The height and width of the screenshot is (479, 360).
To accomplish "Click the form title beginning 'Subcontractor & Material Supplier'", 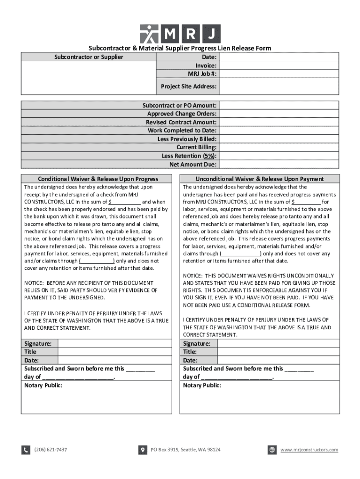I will (180, 48).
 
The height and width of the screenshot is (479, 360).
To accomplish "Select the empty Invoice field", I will (279, 65).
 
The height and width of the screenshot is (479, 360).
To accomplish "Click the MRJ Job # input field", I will (279, 74).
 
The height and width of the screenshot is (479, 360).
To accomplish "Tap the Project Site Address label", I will (188, 87).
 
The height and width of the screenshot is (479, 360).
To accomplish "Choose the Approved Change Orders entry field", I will (279, 114).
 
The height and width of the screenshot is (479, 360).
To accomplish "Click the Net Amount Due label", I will (193, 164).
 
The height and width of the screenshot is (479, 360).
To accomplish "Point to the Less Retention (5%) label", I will (189, 156).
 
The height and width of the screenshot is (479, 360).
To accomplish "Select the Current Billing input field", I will (279, 147).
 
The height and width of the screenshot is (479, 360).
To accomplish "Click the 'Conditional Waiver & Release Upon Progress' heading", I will (98, 179).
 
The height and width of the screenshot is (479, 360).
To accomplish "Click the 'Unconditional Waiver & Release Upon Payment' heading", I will (259, 179).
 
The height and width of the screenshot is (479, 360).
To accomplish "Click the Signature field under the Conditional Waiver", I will (117, 343).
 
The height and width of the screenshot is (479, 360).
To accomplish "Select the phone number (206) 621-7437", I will (50, 450).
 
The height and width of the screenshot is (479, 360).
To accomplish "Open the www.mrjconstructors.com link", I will (309, 450).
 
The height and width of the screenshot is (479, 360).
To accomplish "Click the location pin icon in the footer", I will (143, 450).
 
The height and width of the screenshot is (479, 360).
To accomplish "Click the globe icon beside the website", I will (272, 450).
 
